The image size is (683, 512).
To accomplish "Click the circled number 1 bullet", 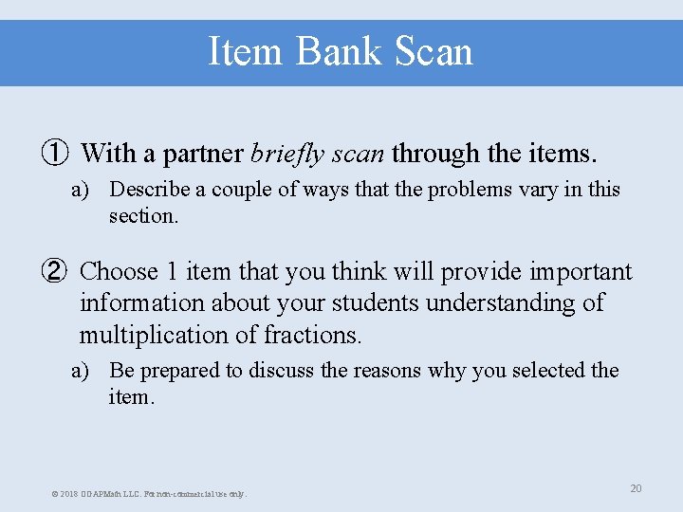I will [53, 153].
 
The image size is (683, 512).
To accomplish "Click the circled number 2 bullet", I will [53, 272].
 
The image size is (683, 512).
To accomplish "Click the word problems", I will [471, 190].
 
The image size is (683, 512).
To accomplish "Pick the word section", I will [143, 216].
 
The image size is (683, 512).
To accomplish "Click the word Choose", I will [119, 272].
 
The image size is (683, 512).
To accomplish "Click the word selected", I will [541, 371].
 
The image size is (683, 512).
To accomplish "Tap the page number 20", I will [636, 488].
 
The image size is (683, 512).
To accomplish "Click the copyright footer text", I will [150, 494].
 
